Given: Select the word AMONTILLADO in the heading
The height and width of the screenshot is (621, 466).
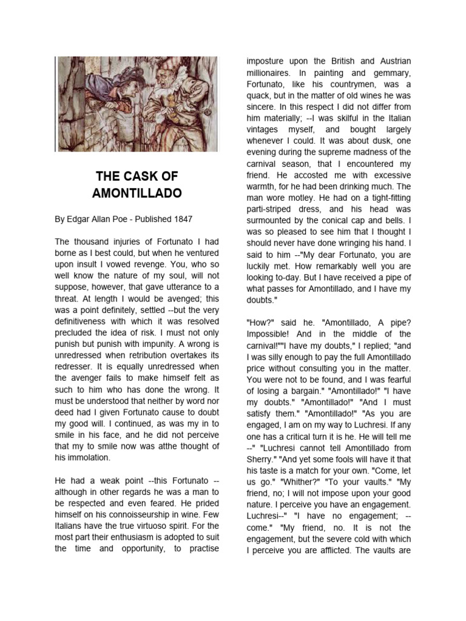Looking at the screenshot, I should [x=137, y=193].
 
